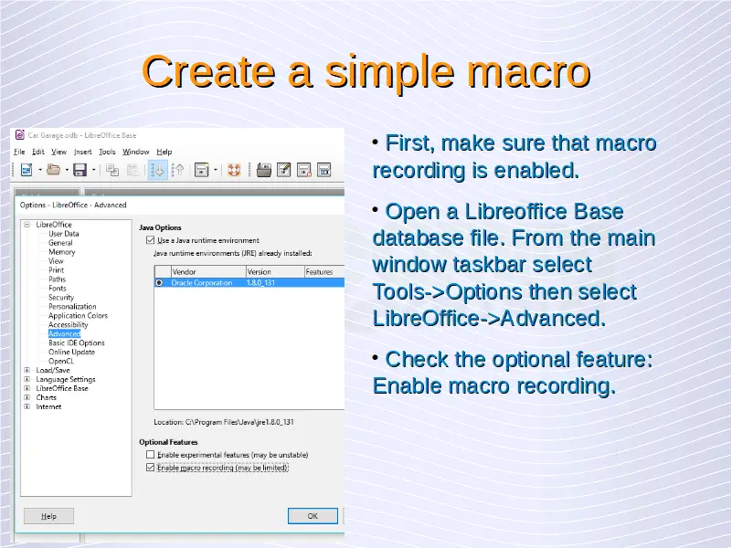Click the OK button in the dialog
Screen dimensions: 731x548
point(313,516)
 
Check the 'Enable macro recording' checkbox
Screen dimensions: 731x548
point(150,468)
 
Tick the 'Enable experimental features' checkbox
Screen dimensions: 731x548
point(150,454)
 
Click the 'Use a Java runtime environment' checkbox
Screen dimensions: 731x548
point(150,240)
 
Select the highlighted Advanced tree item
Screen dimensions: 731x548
point(64,333)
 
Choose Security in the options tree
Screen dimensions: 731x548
point(61,298)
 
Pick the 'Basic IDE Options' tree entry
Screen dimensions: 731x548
point(77,343)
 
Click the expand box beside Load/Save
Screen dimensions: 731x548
point(27,370)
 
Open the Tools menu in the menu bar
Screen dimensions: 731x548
point(107,152)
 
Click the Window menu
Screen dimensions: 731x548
point(135,152)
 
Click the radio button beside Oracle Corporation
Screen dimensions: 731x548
point(159,283)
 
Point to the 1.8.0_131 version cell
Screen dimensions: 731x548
point(260,283)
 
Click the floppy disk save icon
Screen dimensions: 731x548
point(79,170)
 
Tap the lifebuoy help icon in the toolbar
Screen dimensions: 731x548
point(234,170)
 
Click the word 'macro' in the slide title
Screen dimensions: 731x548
point(529,71)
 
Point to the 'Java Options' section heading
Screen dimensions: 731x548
point(160,227)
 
